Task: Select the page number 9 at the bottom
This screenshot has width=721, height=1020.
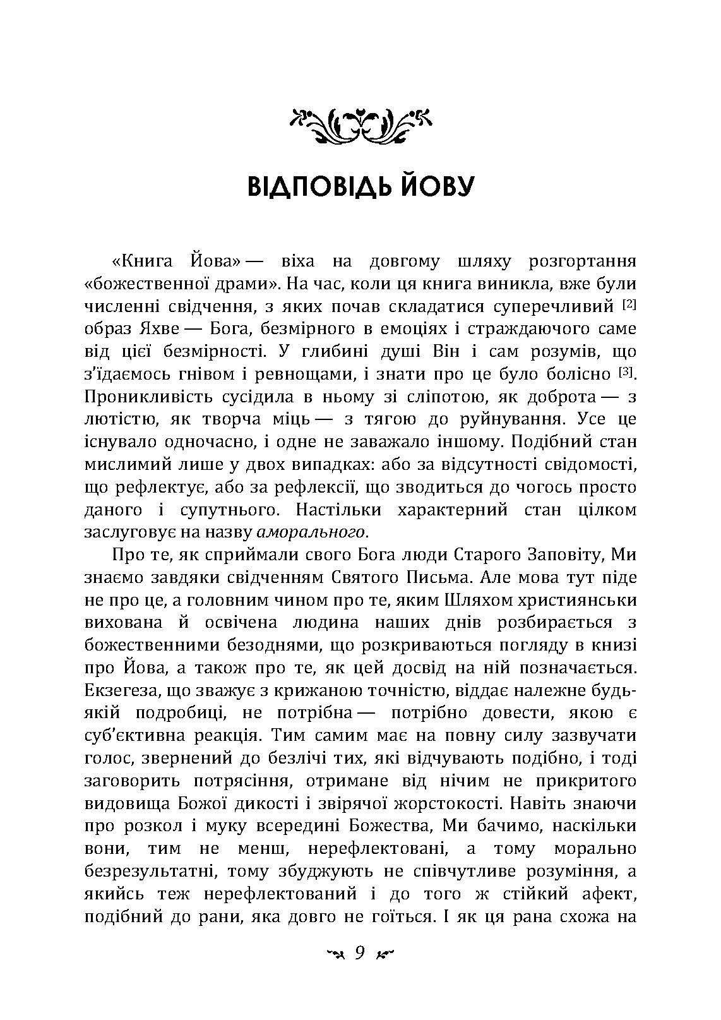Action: coord(360,953)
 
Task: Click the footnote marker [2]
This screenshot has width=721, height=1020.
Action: coord(629,305)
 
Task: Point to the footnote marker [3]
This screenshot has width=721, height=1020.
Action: coord(625,373)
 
